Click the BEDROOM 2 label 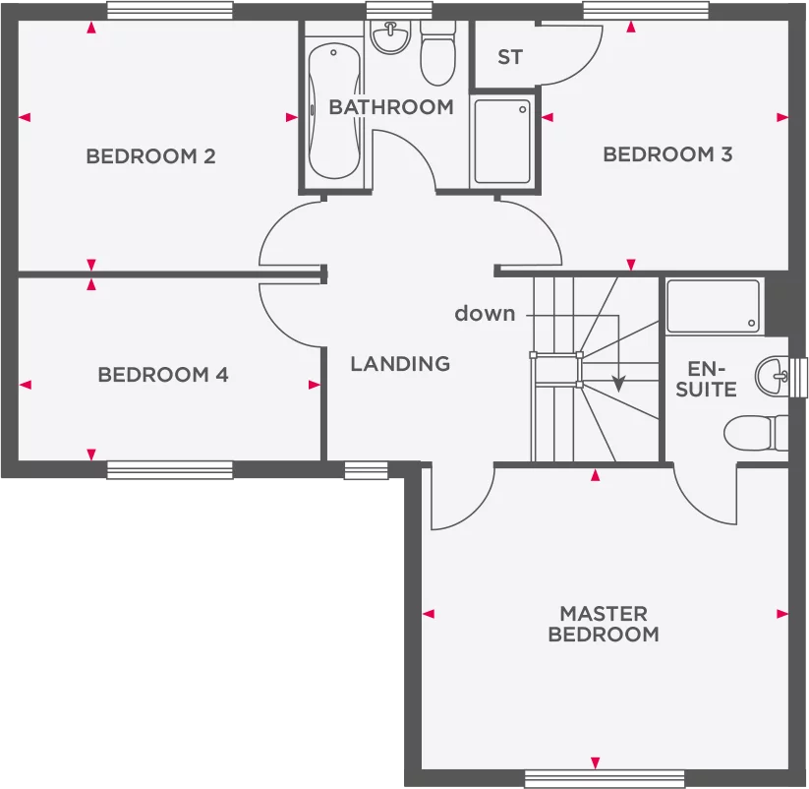pos(150,156)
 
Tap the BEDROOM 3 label pos(667,154)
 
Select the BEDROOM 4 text pos(163,375)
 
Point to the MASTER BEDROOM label pos(604,624)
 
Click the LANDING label pos(400,364)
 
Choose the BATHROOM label pos(391,107)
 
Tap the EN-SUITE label pos(707,379)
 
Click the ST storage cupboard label pos(510,57)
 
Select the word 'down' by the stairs pos(485,313)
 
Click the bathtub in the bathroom pos(334,111)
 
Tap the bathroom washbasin pos(391,37)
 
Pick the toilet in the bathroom pos(437,53)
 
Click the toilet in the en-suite pos(756,433)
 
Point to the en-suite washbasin pos(773,376)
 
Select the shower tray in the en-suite pos(714,306)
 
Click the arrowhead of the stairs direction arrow pos(618,385)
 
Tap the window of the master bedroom pos(605,779)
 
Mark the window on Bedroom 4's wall pos(170,470)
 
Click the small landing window pos(366,470)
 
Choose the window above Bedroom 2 pos(170,11)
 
